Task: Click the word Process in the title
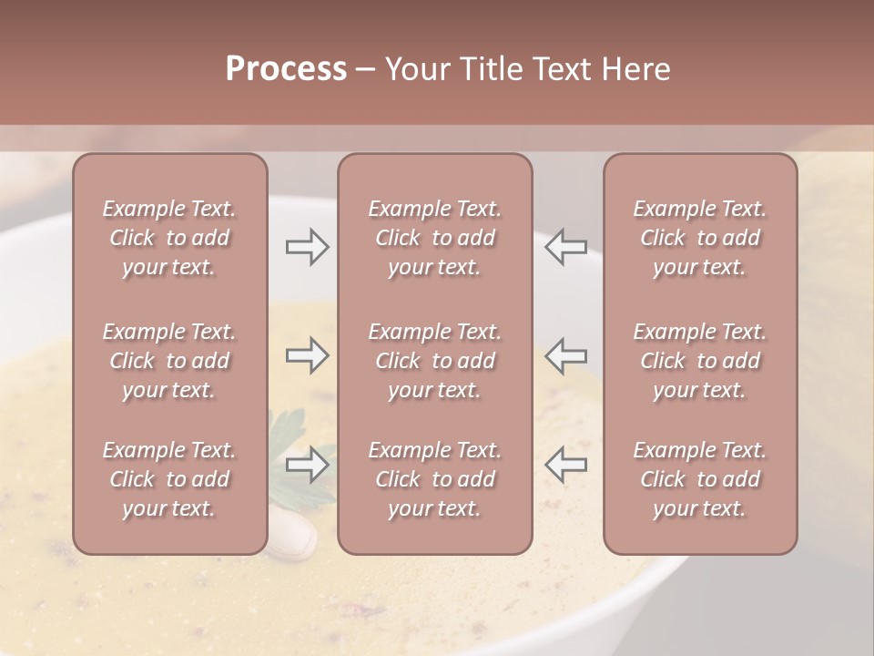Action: coord(286,69)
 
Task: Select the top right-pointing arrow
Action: coord(307,247)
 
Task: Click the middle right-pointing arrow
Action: coord(307,355)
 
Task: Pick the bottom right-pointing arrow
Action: coord(307,465)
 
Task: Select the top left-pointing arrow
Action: coord(565,247)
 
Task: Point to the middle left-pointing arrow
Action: coord(565,355)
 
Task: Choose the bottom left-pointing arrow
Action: coord(565,465)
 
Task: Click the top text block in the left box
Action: coord(169,238)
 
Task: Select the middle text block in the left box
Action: coord(169,361)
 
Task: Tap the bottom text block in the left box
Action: coord(169,479)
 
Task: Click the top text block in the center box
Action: coord(435,238)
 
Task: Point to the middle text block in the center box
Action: coord(435,361)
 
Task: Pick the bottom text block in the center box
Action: coord(435,479)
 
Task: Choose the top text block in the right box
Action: coord(700,238)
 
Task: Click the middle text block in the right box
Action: coord(700,361)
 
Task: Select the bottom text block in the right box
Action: coord(700,479)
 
